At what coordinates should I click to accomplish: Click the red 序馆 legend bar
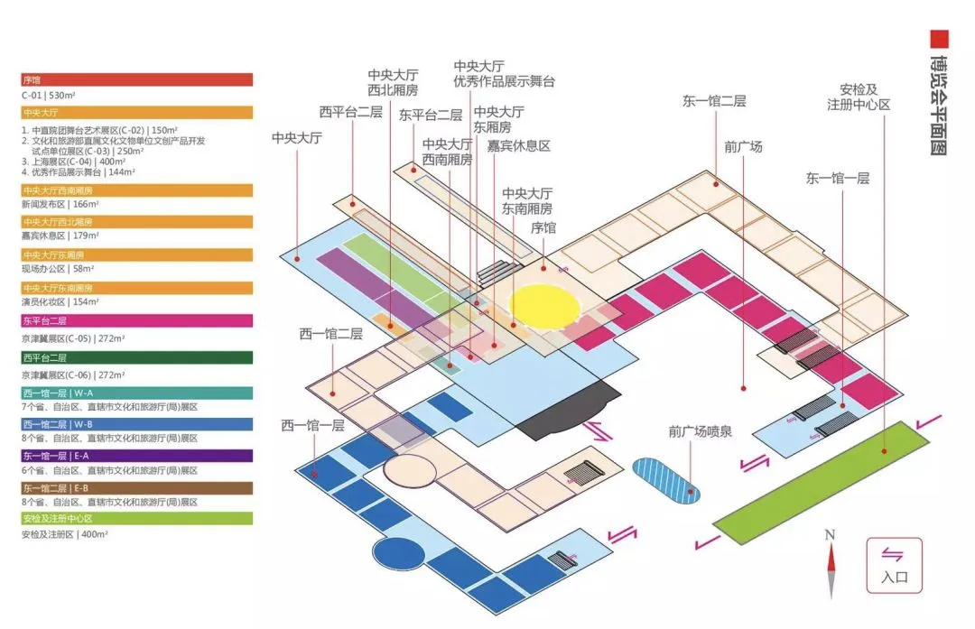(137, 79)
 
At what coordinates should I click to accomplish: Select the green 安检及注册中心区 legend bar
(137, 519)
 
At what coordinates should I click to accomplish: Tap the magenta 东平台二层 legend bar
(137, 320)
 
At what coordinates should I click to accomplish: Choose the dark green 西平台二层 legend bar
(137, 357)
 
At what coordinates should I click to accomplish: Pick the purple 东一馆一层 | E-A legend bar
(137, 456)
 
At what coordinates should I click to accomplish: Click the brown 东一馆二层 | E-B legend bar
(137, 487)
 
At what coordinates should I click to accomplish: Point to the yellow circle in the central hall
(544, 306)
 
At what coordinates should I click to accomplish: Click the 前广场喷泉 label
(701, 431)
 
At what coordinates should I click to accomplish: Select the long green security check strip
(822, 477)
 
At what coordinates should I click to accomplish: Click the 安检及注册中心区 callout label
(859, 97)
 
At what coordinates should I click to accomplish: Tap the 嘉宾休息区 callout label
(519, 146)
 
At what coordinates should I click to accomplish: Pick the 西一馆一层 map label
(312, 425)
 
